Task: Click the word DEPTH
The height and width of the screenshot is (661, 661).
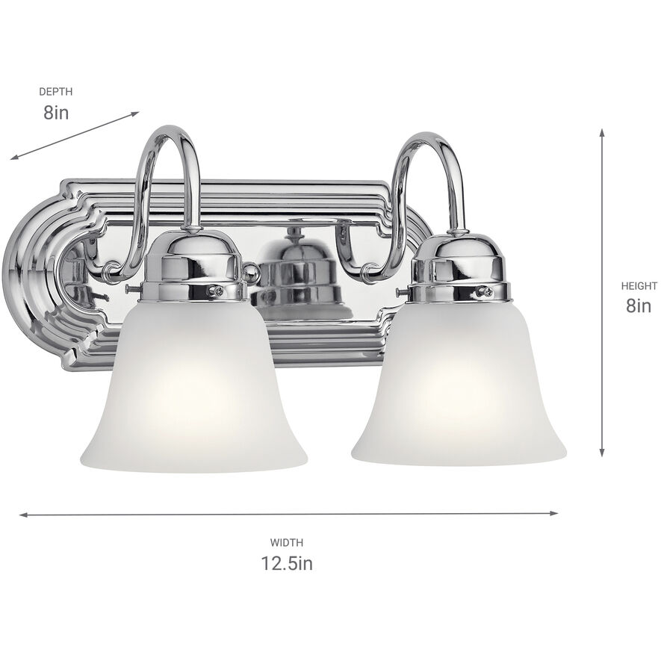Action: pos(56,92)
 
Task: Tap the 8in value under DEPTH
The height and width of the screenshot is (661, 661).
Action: pos(56,113)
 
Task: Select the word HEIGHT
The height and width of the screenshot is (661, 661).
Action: pos(639,285)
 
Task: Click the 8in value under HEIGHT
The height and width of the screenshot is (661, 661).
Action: pos(639,305)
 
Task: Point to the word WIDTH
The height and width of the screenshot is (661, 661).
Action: pos(287,543)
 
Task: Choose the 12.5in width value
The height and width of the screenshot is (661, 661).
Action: pos(287,564)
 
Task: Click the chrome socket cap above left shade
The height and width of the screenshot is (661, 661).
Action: pos(193,265)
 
